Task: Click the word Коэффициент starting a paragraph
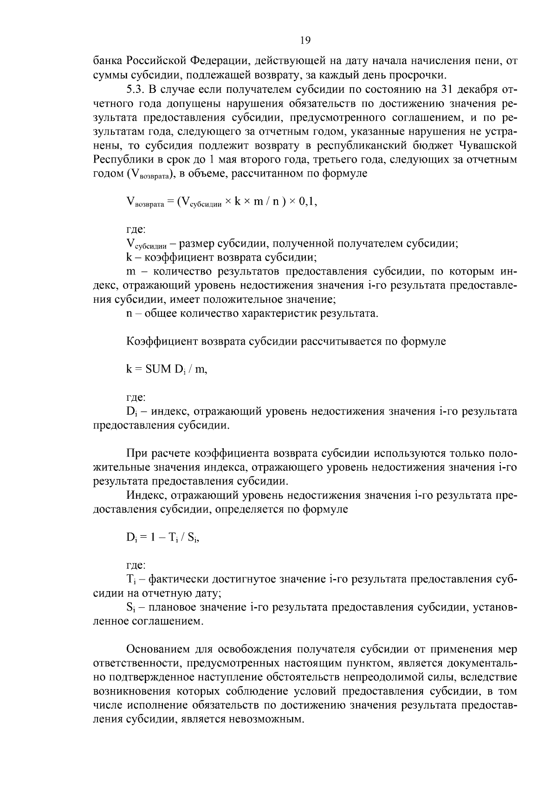(x=162, y=342)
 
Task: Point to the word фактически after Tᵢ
(x=178, y=580)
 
